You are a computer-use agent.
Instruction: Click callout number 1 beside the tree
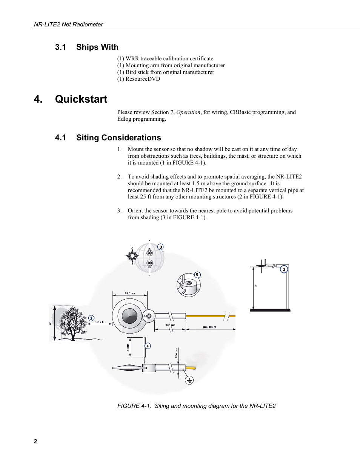point(91,318)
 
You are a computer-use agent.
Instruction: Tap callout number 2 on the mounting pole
point(284,269)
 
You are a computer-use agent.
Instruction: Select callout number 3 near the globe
point(160,247)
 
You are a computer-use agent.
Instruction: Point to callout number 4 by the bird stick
point(148,346)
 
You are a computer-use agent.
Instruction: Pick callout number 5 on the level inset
point(197,275)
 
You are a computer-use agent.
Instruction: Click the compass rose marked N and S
point(132,256)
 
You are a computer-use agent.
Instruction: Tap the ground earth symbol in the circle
point(189,380)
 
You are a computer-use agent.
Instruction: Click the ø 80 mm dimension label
point(130,293)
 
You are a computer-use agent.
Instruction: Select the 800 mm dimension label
point(170,325)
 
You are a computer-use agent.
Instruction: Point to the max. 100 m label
point(209,327)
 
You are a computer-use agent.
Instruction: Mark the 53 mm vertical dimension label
point(128,347)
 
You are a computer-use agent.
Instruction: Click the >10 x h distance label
point(99,322)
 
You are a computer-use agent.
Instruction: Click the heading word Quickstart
point(81,99)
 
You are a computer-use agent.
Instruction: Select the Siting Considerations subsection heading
point(118,138)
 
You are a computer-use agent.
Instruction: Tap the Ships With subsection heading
point(97,47)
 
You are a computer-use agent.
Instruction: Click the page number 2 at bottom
point(35,441)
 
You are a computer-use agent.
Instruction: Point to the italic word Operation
point(188,112)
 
